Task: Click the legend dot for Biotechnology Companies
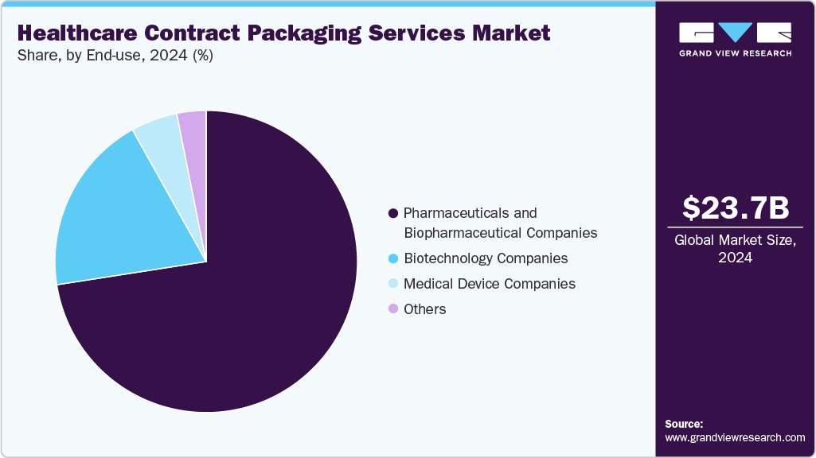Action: [x=392, y=259]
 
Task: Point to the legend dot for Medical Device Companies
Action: [x=392, y=284]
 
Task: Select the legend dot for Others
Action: [x=392, y=309]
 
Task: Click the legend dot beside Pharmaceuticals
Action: [x=392, y=214]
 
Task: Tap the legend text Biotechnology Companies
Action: [x=486, y=258]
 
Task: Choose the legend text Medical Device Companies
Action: [x=489, y=284]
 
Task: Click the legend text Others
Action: [x=425, y=309]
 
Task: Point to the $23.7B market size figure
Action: [x=736, y=208]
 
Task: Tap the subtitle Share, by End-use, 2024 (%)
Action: [x=115, y=56]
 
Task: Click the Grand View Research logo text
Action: [x=735, y=53]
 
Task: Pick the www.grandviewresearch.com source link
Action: [x=735, y=438]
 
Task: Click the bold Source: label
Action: [x=684, y=424]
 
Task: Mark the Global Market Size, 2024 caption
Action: [x=736, y=249]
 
